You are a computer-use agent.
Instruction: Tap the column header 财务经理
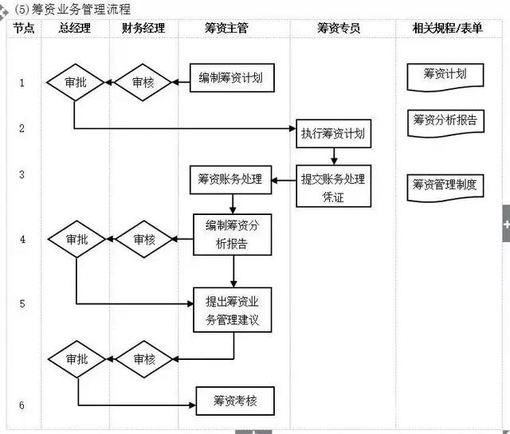coord(143,28)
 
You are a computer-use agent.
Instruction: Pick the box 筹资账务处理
coord(229,180)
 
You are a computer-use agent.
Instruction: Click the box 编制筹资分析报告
coord(232,234)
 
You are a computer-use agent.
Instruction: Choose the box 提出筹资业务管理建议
coord(233,311)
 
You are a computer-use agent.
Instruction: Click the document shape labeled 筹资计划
coord(445,76)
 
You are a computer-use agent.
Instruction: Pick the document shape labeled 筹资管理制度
coord(445,186)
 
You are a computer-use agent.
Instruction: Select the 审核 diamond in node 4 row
coord(144,239)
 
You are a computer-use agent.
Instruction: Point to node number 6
coord(22,405)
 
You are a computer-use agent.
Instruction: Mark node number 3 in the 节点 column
coord(22,174)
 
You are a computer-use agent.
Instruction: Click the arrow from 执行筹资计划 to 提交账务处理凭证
coord(334,158)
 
